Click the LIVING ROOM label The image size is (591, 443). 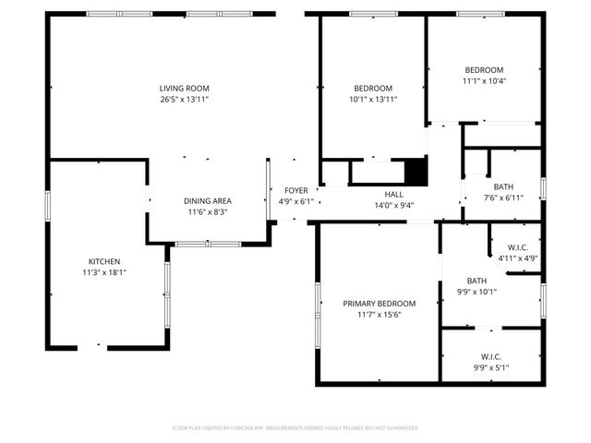(183, 88)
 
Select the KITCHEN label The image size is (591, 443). (103, 261)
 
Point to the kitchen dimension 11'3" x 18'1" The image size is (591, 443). (103, 272)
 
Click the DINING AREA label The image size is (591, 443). (207, 201)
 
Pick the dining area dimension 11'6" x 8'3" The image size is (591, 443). (207, 212)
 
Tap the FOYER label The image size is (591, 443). (295, 190)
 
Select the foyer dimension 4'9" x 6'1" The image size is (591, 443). (295, 201)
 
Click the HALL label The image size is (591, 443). (394, 194)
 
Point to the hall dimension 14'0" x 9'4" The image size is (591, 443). (394, 206)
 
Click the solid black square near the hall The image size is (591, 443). (417, 173)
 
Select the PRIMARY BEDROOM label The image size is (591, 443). (379, 304)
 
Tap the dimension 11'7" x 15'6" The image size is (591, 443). (379, 315)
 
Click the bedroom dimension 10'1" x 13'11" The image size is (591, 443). (372, 99)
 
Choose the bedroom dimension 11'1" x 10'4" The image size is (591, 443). (484, 80)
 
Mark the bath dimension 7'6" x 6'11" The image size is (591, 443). (503, 198)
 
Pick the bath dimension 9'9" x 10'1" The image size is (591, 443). (476, 293)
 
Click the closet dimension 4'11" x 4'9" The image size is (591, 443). (517, 258)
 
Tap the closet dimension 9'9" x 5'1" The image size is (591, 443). (490, 367)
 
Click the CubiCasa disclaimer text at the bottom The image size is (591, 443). (295, 428)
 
